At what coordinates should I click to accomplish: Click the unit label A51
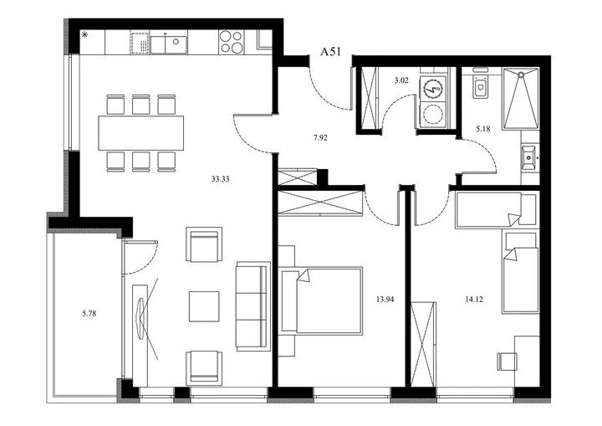click(330, 52)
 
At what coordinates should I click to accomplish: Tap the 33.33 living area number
click(221, 179)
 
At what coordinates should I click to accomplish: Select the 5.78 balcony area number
click(89, 314)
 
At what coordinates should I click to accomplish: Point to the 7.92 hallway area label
click(320, 137)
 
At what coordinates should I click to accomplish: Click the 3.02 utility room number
click(401, 80)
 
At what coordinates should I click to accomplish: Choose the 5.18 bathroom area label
click(483, 129)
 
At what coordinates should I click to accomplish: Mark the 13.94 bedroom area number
click(385, 300)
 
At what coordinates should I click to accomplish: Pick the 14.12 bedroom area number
click(474, 300)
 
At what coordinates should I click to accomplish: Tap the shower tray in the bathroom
click(521, 98)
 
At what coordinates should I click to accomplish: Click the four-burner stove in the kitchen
click(231, 42)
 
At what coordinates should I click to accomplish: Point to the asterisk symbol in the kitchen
click(85, 35)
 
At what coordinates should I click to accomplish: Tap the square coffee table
click(204, 306)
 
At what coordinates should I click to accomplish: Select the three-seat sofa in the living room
click(252, 306)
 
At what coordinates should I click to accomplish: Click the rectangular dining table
click(141, 133)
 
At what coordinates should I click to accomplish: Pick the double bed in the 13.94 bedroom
click(322, 300)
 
